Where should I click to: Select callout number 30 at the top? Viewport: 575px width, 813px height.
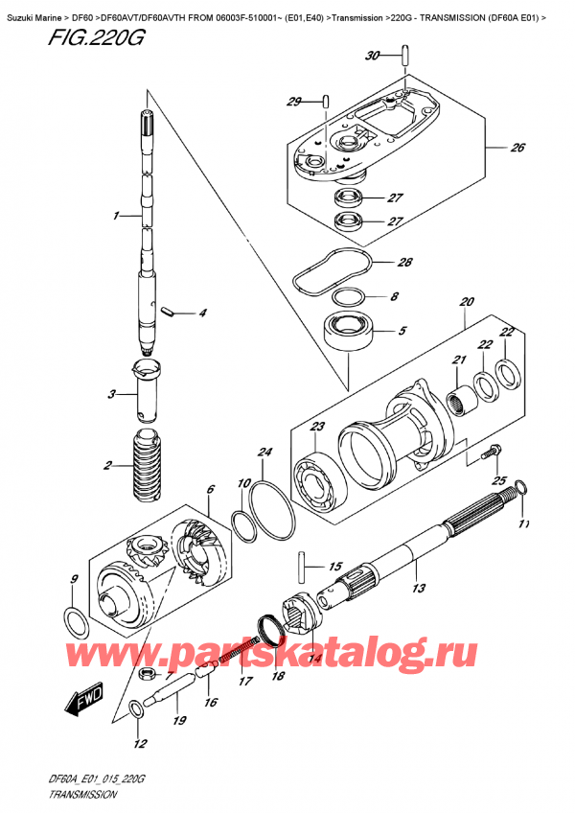click(373, 57)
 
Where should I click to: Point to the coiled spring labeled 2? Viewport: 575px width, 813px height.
click(148, 465)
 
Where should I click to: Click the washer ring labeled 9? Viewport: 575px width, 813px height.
click(77, 621)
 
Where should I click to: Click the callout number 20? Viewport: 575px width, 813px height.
click(467, 302)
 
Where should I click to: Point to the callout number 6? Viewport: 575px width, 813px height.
click(210, 491)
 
